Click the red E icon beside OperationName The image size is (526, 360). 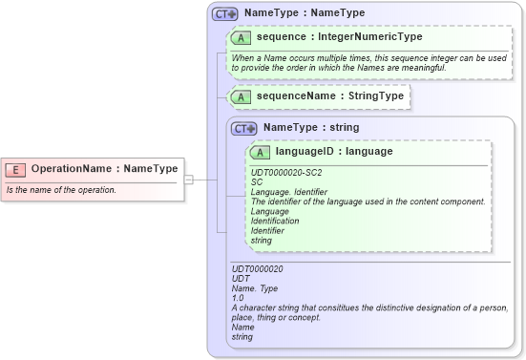tap(15, 169)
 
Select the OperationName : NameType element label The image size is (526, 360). tap(104, 169)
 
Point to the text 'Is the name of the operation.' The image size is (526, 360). tap(61, 189)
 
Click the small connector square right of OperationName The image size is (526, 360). tap(188, 179)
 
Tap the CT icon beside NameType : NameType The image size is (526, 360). tap(225, 14)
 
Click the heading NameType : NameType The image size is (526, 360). tap(305, 13)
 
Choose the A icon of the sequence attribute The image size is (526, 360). tap(242, 37)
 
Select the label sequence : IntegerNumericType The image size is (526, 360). tap(339, 37)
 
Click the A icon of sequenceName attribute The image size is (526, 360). tap(242, 96)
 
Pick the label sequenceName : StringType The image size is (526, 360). tap(330, 96)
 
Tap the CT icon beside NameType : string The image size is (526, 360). tap(244, 127)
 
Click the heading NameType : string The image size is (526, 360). tap(311, 126)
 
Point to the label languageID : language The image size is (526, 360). tap(334, 151)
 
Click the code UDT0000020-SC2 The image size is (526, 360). tap(286, 172)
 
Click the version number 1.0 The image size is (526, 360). tap(239, 298)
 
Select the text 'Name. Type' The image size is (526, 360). tap(256, 288)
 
